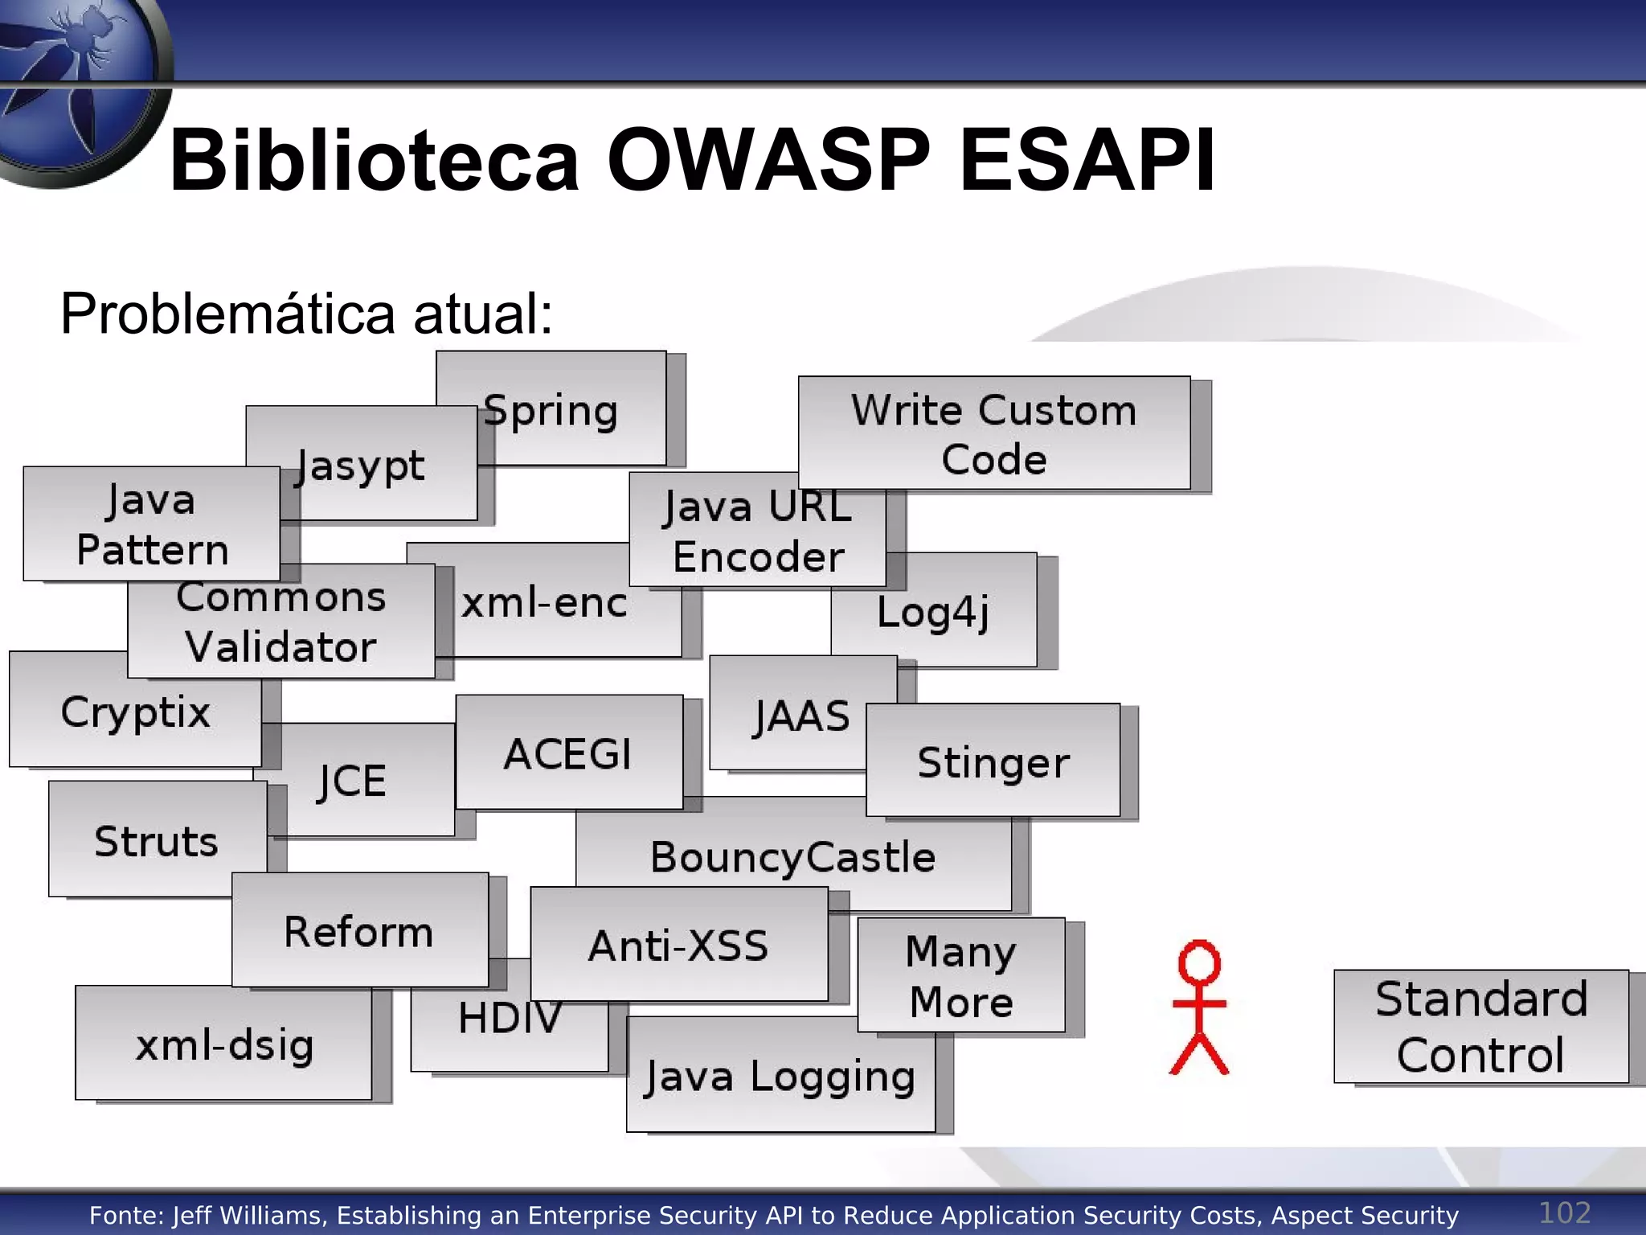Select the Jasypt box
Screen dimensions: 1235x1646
point(362,465)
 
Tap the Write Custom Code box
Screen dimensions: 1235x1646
point(994,433)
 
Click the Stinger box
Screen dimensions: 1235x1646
point(993,761)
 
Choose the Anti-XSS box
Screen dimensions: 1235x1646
point(679,945)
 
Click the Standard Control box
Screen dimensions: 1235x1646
point(1481,1027)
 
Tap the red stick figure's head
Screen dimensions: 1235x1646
point(1199,962)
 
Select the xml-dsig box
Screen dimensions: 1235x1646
point(223,1044)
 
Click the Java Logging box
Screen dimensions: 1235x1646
point(780,1077)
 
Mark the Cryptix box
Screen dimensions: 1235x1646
point(135,712)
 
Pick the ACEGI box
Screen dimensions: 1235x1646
point(569,753)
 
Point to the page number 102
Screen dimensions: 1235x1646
point(1564,1212)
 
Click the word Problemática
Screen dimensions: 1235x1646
point(227,314)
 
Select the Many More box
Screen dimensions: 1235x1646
point(961,975)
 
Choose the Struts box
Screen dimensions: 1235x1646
point(157,841)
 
